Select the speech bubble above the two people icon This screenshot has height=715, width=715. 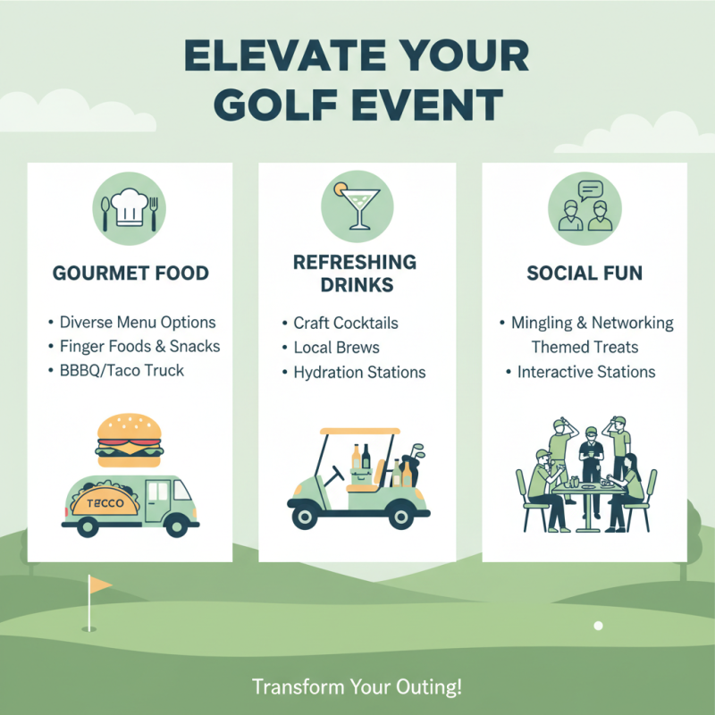tap(591, 189)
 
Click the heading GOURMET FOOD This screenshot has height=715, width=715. tap(130, 273)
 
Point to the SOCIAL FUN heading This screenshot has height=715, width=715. tap(585, 273)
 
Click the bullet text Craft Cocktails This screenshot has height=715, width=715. tap(346, 323)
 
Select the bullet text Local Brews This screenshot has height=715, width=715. tap(336, 348)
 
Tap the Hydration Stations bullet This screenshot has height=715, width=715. tap(359, 372)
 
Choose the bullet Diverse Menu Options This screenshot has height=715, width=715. tap(138, 322)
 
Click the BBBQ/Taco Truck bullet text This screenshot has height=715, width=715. tap(122, 370)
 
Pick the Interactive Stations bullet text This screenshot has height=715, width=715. tap(586, 372)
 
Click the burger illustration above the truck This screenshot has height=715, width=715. tap(130, 438)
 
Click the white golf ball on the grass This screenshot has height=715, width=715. tap(599, 626)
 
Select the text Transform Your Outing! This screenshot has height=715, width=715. tap(357, 687)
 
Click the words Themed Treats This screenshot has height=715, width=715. tap(585, 347)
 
